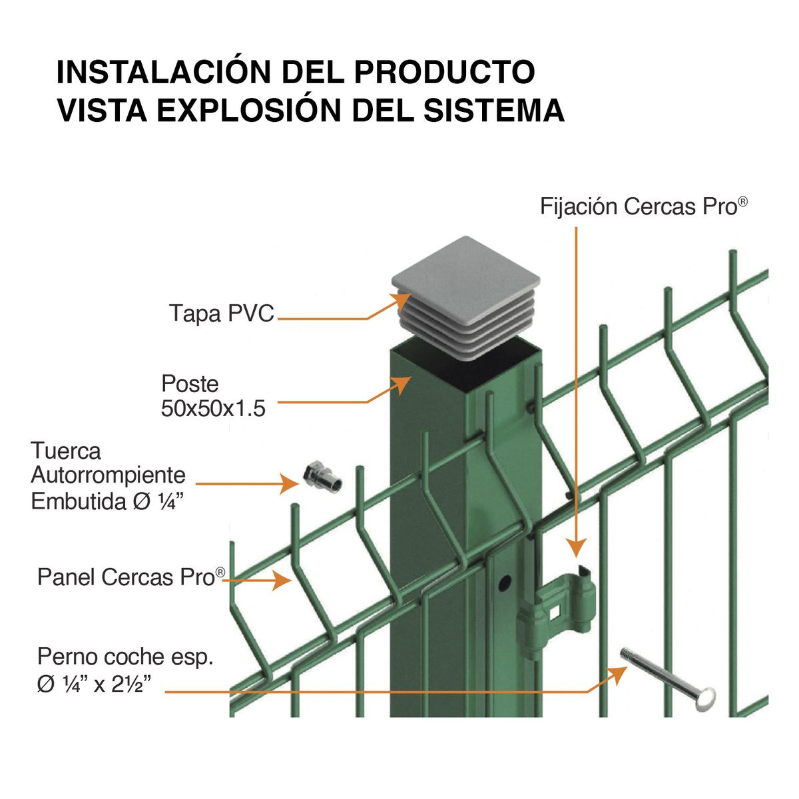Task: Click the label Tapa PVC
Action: pos(221,313)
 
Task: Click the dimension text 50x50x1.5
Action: pos(213,408)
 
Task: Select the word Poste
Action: pos(190,384)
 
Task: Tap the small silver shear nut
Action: pos(322,477)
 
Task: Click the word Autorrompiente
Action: pos(108,475)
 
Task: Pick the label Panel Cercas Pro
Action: pos(131,577)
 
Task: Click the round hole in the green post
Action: pos(504,581)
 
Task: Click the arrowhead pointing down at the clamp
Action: pos(576,547)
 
